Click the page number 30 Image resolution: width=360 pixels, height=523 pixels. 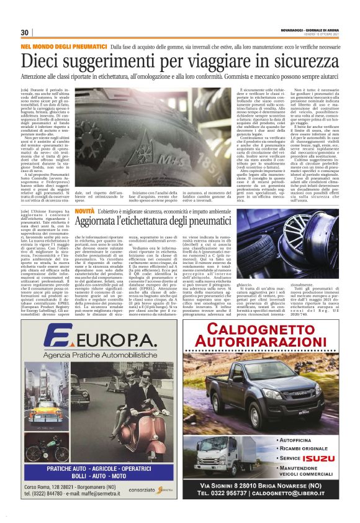point(25,32)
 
